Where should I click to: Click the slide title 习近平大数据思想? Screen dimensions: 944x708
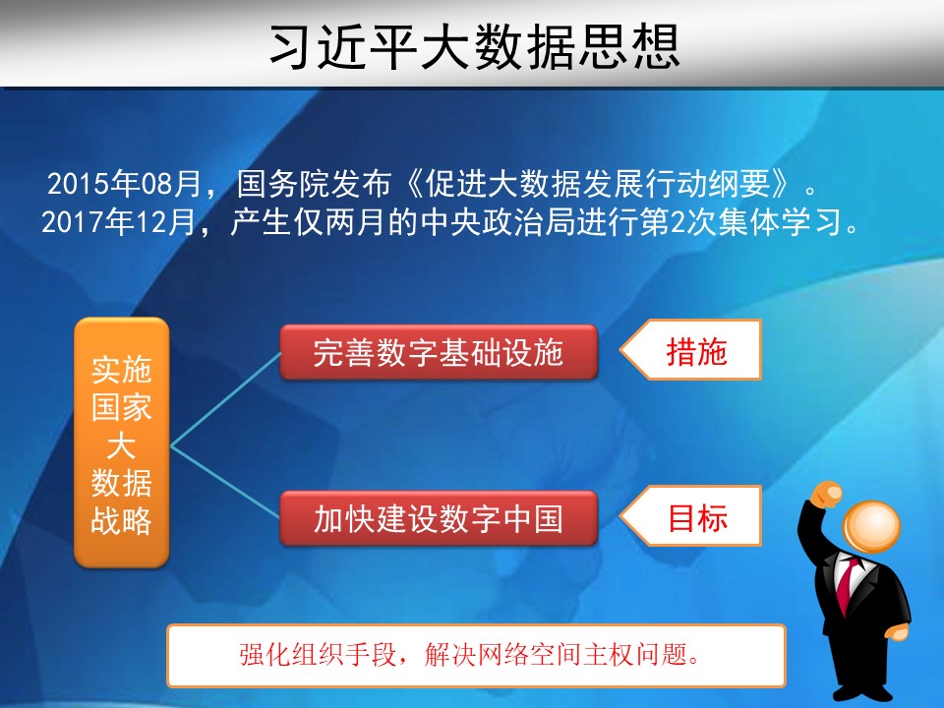[474, 46]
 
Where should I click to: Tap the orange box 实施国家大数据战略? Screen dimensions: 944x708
[121, 442]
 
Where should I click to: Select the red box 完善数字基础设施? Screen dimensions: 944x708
[439, 352]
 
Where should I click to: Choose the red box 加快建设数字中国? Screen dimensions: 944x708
[439, 518]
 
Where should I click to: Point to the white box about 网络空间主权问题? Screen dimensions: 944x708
[476, 656]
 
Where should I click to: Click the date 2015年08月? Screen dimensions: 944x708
[124, 184]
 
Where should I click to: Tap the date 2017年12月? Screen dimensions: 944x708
[119, 222]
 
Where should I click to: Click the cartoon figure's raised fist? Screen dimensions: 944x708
[827, 496]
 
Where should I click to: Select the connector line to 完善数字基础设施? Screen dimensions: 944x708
[226, 399]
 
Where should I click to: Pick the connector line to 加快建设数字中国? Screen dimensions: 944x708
[226, 482]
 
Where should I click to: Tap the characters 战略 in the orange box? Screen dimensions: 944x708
[121, 521]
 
